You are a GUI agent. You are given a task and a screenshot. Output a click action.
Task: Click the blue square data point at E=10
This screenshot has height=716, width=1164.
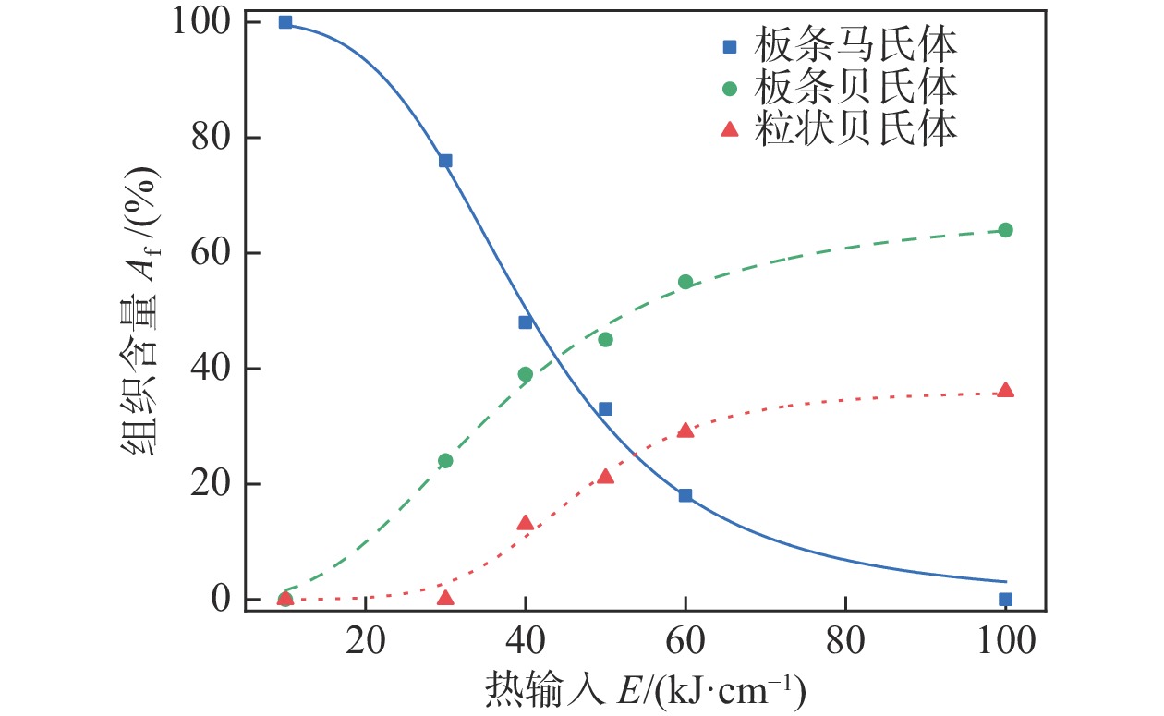point(285,22)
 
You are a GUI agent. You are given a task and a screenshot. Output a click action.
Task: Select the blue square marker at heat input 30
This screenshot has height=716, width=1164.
point(445,161)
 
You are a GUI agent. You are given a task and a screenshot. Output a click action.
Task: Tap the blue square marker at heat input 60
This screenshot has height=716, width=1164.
point(685,495)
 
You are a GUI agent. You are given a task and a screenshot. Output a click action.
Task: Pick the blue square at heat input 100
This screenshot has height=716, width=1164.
point(1005,599)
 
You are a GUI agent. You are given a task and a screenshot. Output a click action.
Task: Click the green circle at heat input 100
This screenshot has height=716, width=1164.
point(1005,230)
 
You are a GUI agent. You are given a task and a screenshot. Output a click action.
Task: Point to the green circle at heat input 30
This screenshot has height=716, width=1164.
point(445,460)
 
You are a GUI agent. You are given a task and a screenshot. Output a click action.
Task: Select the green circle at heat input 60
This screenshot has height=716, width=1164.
point(685,282)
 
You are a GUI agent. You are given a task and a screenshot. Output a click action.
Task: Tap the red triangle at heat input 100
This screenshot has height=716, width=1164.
point(1005,390)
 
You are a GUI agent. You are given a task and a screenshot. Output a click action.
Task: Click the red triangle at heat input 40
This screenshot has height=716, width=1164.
point(526,523)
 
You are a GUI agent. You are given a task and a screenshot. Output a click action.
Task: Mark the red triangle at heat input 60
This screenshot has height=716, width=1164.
point(685,430)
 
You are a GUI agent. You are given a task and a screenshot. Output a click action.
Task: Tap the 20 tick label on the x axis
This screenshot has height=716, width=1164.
point(366,641)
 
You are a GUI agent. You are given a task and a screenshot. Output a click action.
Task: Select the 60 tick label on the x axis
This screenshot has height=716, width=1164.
point(685,641)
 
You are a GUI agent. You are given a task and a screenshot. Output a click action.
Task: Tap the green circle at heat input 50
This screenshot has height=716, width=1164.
point(605,339)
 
